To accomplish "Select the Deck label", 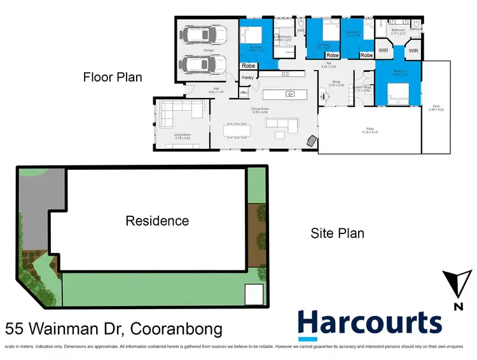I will pos(435,108).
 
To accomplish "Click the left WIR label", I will pos(384,49).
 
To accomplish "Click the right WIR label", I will pos(413,49).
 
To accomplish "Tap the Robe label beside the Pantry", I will pos(249,65).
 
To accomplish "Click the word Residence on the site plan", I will pos(157,221).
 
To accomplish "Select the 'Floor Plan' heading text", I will pos(113,77).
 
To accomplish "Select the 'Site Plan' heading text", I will pos(337,233).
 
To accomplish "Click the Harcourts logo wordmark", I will pos(370,324).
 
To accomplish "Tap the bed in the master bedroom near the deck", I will pos(397,92).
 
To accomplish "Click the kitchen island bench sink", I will pos(290,94).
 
